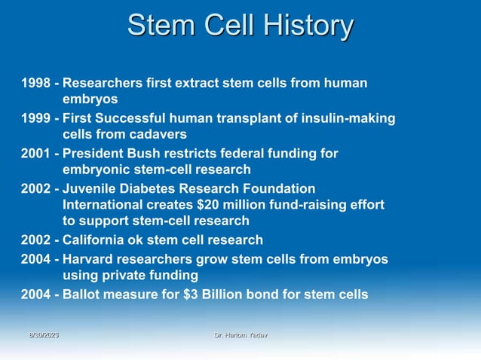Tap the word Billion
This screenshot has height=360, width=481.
coord(226,294)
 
